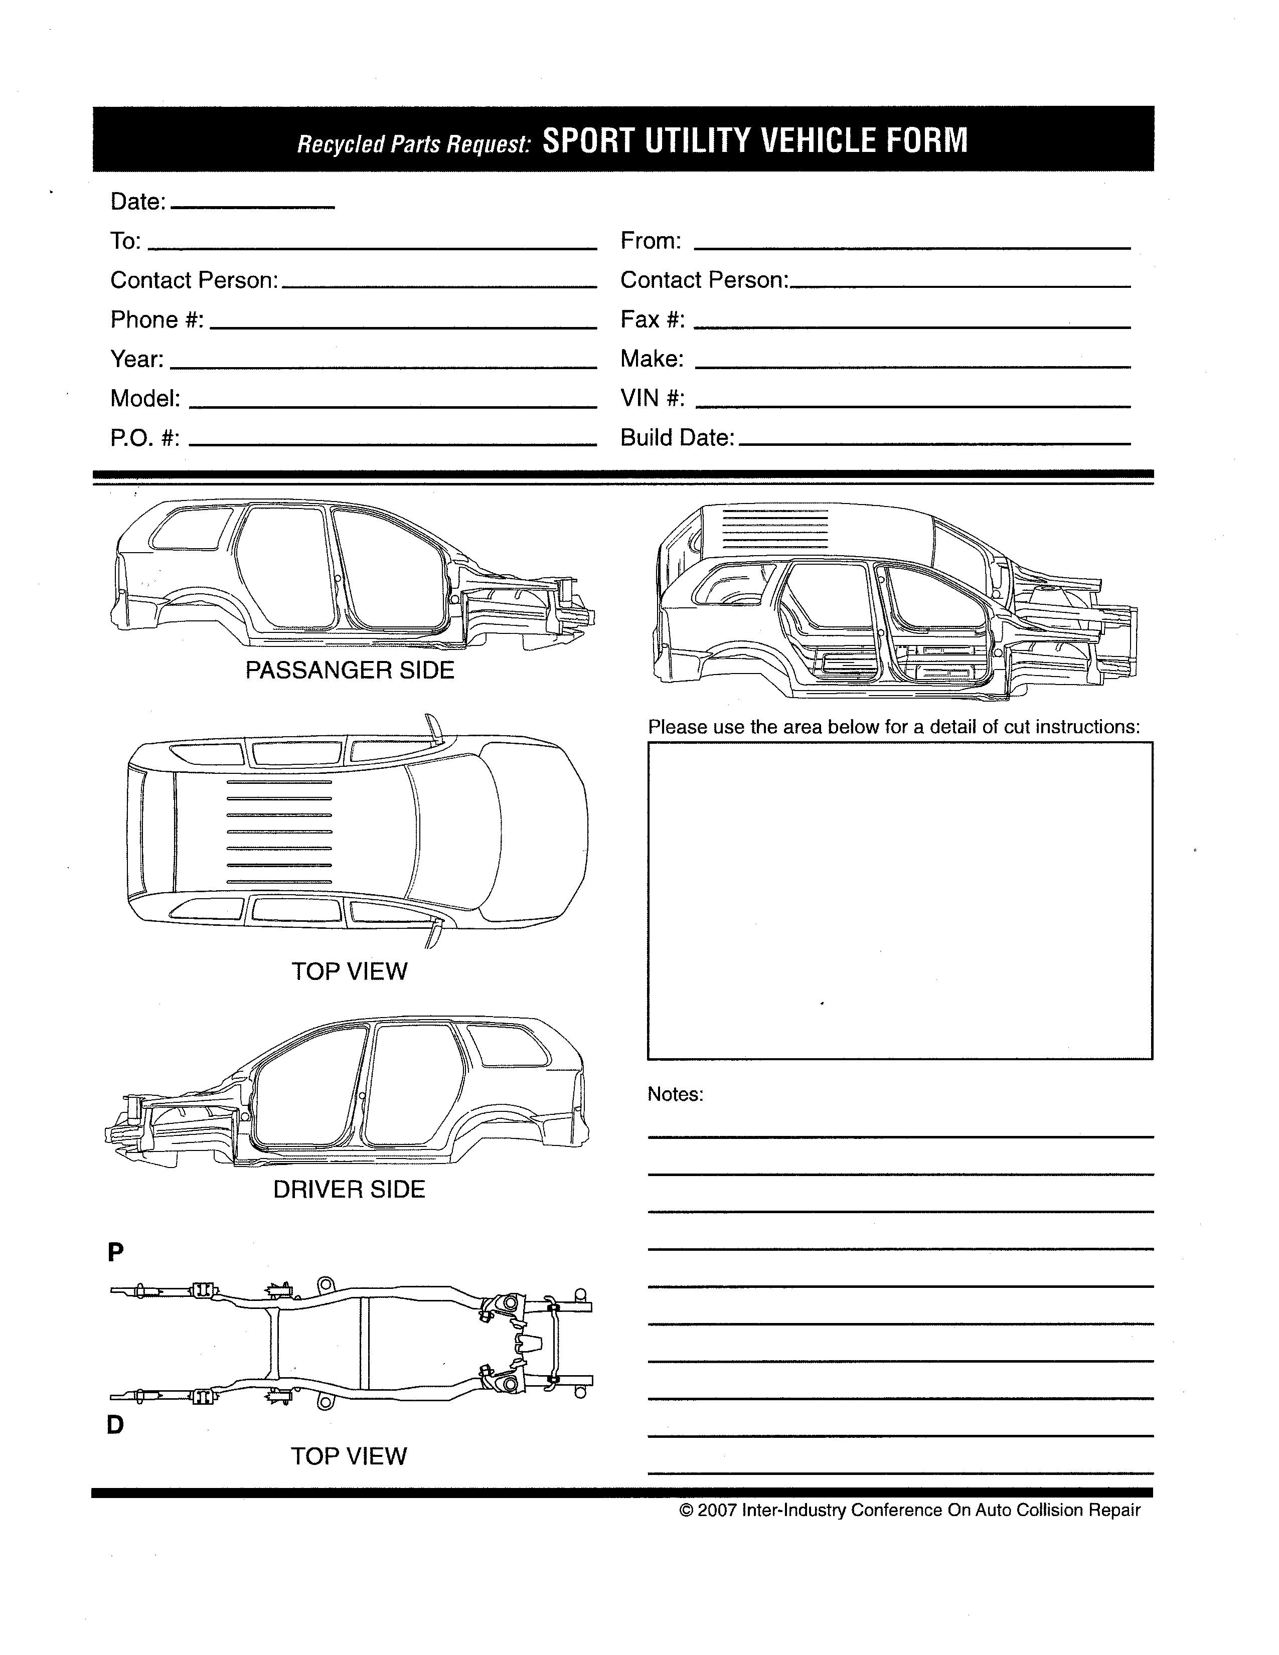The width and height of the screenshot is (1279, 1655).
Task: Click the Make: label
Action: coord(652,359)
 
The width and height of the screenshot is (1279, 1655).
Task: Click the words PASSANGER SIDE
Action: coord(349,670)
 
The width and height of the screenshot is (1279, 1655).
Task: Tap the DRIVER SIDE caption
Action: coord(349,1189)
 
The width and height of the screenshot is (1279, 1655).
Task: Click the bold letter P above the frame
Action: coord(115,1252)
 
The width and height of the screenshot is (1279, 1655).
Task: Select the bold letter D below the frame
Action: coord(115,1425)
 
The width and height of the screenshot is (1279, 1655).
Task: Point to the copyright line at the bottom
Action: coord(910,1510)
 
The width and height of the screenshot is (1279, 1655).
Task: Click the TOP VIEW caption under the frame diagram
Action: coord(349,1455)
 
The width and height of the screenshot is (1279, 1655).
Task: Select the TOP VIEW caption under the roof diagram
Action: coord(349,971)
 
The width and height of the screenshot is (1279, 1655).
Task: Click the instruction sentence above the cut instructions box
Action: coord(893,727)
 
